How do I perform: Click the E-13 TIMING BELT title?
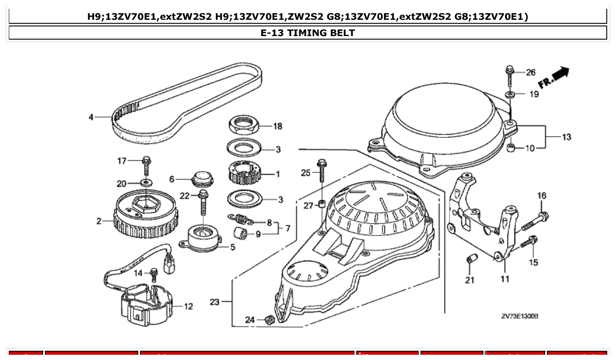[x=308, y=33]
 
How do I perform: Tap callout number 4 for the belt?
[x=91, y=118]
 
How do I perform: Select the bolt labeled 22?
[x=203, y=202]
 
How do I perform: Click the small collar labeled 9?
[x=241, y=234]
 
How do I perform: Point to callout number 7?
[x=288, y=229]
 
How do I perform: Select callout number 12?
[x=188, y=307]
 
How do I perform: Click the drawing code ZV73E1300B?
[x=520, y=316]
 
